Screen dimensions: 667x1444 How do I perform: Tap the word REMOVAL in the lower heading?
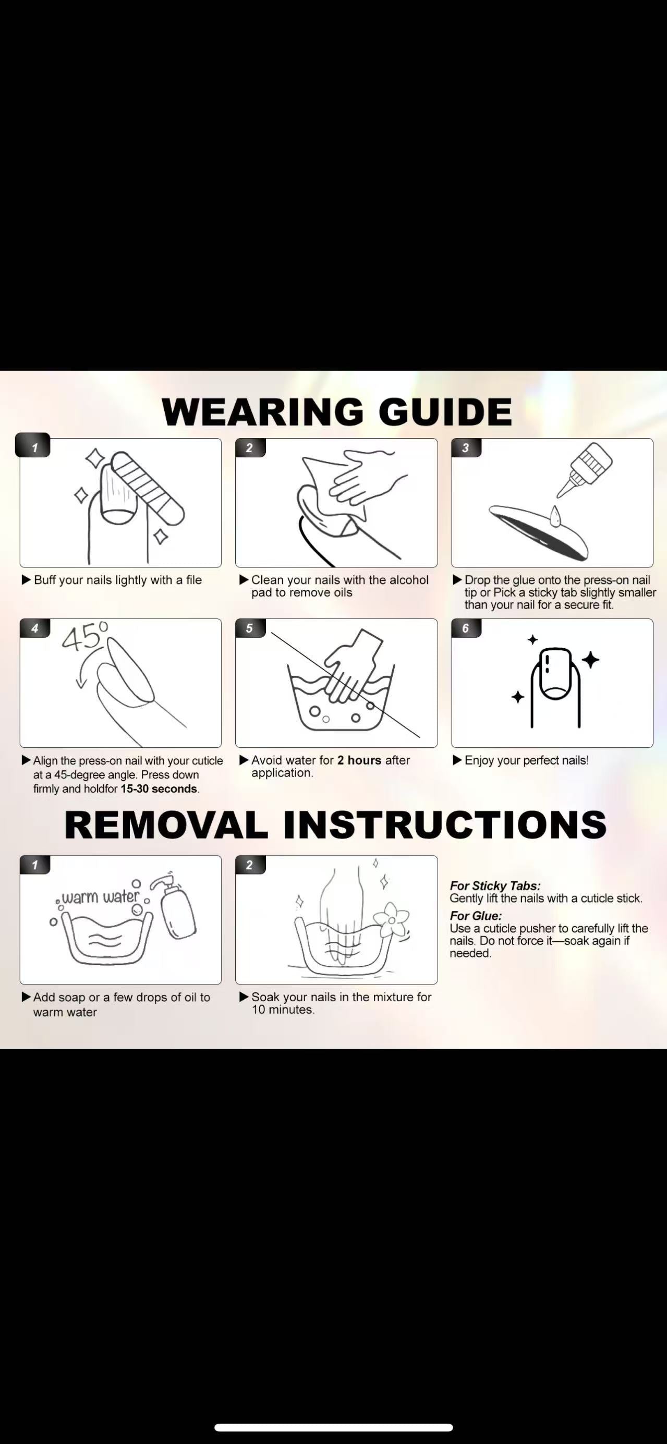(x=166, y=824)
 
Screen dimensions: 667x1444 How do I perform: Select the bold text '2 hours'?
(x=359, y=760)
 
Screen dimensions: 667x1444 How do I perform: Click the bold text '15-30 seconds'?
(x=159, y=788)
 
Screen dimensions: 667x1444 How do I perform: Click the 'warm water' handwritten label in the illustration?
(x=100, y=897)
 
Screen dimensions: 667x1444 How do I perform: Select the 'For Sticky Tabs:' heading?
(x=495, y=885)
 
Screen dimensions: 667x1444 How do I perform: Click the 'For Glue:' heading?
(x=475, y=915)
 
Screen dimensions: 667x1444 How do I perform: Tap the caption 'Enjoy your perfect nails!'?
(x=526, y=760)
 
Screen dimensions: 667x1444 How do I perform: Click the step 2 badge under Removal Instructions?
(x=250, y=865)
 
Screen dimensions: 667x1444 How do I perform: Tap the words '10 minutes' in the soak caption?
(x=283, y=1010)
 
